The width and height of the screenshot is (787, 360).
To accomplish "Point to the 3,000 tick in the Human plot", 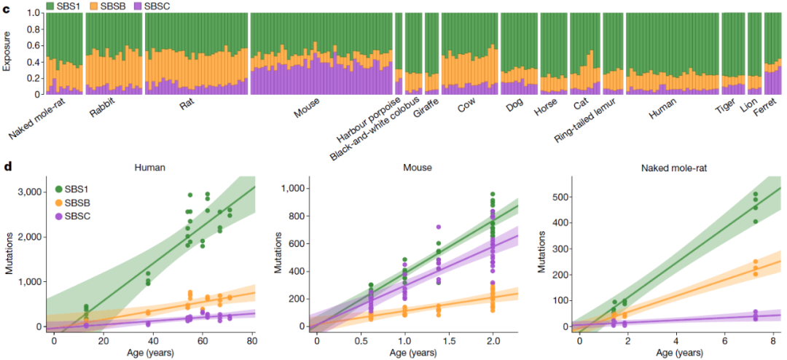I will (x=32, y=192).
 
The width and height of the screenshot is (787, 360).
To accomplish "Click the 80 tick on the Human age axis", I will (x=251, y=341).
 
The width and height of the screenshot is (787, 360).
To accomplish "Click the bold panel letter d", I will (x=8, y=167).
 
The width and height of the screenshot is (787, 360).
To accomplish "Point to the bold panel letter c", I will (x=7, y=7).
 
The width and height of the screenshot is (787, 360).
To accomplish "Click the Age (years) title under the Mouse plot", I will (x=412, y=353).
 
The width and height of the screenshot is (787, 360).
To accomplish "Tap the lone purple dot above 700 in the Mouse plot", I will (x=438, y=227).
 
